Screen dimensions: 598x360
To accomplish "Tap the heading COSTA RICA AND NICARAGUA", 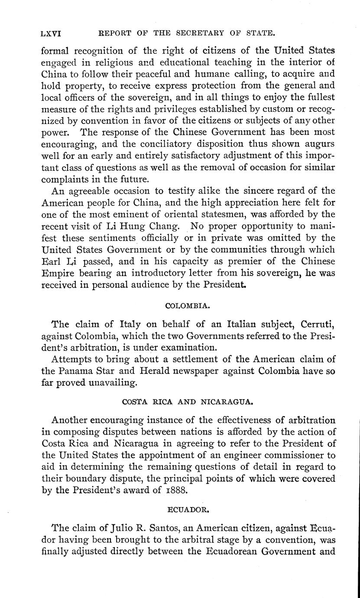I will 188,402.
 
